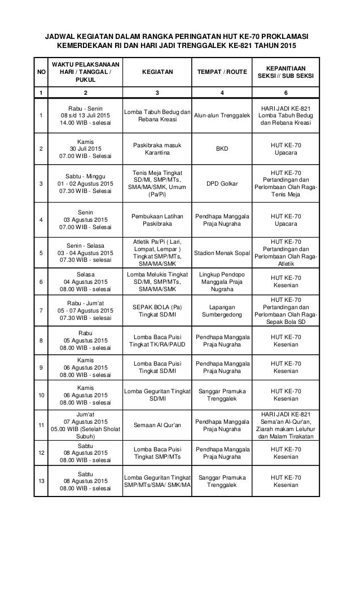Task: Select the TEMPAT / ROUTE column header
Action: [222, 72]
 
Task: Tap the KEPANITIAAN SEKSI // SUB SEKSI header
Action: [286, 72]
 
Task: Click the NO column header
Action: [39, 72]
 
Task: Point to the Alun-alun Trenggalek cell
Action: [222, 116]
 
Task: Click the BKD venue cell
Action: [222, 149]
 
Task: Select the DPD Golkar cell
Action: [222, 183]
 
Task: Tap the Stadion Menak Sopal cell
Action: [222, 253]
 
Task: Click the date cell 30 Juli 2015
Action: [86, 149]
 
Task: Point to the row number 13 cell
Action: [39, 481]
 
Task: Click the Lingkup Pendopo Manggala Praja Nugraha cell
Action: [222, 280]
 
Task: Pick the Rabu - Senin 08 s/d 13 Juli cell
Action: [86, 116]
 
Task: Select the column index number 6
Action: [286, 93]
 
